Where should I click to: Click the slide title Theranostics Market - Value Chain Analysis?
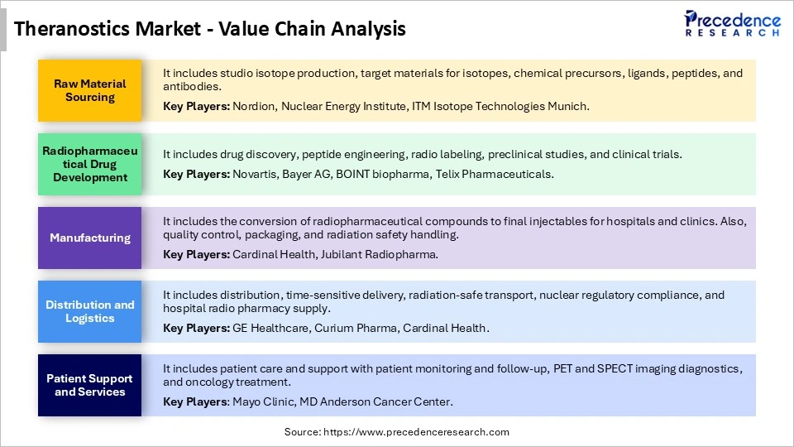point(210,30)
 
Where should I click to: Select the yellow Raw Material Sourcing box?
point(90,90)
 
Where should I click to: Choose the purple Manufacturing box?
point(90,238)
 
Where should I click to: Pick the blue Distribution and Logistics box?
point(90,311)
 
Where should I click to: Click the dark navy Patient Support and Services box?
point(90,385)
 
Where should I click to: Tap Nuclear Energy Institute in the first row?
point(347,106)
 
